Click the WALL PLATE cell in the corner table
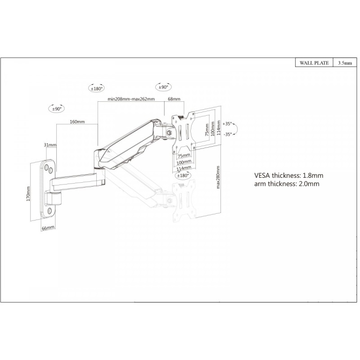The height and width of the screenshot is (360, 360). (314, 63)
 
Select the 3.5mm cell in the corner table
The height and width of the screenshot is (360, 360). (345, 63)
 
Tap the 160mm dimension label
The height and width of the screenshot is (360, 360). (77, 121)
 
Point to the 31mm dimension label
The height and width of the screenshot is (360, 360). (50, 145)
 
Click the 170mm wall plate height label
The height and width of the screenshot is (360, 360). (28, 194)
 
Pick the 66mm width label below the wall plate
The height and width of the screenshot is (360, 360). (48, 228)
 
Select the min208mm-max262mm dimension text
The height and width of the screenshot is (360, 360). (131, 99)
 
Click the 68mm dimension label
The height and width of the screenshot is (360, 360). (174, 99)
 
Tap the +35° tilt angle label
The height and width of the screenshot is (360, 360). (227, 124)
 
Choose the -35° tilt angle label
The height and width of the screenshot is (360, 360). (228, 134)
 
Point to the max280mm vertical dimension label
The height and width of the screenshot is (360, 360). (218, 177)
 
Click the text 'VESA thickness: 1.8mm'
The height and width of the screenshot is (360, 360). (288, 175)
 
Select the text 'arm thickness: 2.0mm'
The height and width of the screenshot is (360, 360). (287, 184)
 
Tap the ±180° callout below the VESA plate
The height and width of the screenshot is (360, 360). (183, 175)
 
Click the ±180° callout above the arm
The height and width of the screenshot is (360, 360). (97, 88)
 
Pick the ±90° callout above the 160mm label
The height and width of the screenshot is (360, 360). (57, 109)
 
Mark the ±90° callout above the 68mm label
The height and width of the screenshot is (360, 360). (163, 87)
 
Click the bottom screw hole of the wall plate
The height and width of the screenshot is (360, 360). (49, 211)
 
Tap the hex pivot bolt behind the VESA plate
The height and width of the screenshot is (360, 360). (170, 132)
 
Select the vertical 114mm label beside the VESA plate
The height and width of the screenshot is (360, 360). (219, 128)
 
